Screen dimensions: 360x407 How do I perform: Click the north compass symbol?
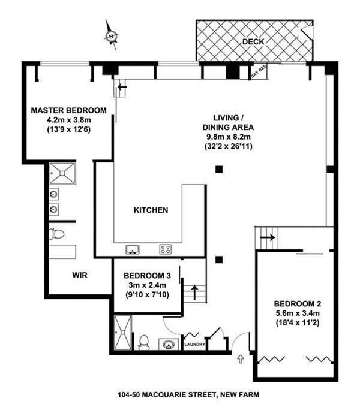click(x=112, y=36)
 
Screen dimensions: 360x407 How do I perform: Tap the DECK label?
click(x=253, y=41)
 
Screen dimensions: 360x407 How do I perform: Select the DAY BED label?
click(x=259, y=72)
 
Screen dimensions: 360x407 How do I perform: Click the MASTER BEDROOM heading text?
click(x=68, y=110)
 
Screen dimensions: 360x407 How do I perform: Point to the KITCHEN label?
click(x=151, y=210)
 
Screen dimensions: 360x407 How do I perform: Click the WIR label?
click(x=80, y=275)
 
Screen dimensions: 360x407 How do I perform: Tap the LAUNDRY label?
click(x=194, y=345)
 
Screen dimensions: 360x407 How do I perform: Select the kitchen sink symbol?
click(x=133, y=249)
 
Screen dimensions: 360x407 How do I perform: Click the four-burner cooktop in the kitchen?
click(x=166, y=249)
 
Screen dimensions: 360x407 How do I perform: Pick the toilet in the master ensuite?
click(x=56, y=234)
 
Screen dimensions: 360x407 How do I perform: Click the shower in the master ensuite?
click(x=62, y=173)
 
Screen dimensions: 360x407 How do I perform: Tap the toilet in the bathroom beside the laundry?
click(x=143, y=342)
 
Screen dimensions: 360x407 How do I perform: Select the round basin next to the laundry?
click(x=169, y=345)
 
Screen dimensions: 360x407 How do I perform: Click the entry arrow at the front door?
click(x=241, y=359)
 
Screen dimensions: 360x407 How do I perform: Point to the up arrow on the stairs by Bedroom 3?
click(x=194, y=293)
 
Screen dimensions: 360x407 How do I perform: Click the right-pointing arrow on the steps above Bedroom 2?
click(x=268, y=237)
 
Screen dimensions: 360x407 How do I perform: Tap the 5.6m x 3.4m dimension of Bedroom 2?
click(x=298, y=313)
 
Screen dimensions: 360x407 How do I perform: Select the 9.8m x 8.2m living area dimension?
click(x=229, y=137)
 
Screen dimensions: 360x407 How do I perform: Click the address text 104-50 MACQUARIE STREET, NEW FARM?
click(x=188, y=395)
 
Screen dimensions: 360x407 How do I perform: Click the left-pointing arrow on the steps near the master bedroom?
click(x=122, y=87)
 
